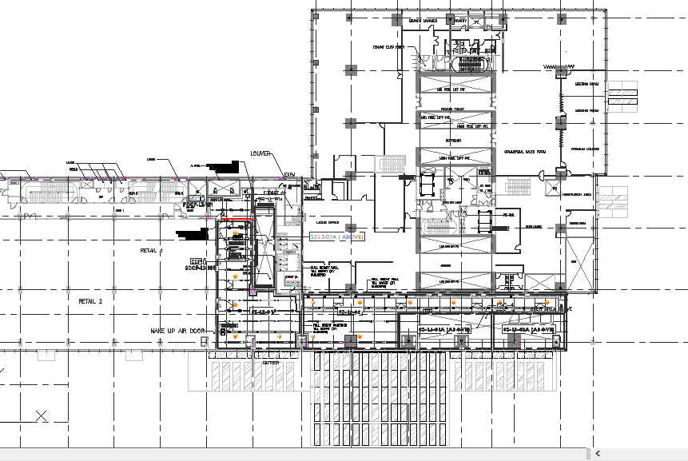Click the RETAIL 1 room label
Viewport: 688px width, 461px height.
(151, 250)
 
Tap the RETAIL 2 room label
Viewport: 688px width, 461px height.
(90, 301)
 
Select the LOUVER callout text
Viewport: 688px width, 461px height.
(261, 153)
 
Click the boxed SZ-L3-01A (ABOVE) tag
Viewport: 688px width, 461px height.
(336, 237)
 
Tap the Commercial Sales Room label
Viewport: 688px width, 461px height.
(524, 152)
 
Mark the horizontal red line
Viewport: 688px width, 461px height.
(236, 221)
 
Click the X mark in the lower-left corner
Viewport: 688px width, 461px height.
(41, 415)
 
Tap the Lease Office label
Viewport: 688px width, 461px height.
(328, 223)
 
